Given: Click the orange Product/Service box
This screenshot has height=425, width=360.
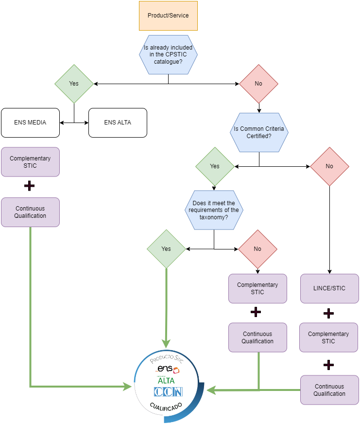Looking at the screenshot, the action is (168, 16).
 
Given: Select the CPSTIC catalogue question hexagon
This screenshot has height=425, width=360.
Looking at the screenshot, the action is (168, 54).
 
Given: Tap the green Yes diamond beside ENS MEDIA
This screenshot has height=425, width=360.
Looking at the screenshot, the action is (74, 84).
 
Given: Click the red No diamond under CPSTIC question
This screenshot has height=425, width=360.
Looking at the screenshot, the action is (258, 84).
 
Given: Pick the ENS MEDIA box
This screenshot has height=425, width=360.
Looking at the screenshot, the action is (30, 123).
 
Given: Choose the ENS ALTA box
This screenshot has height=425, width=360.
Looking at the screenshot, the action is (118, 123).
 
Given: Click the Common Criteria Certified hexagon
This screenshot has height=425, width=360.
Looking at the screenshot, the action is (259, 133).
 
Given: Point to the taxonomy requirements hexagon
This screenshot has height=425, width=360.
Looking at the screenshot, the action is (214, 210).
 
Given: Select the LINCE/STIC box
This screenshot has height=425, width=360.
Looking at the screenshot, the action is (330, 288).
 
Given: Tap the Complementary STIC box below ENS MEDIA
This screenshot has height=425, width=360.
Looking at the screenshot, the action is (30, 162).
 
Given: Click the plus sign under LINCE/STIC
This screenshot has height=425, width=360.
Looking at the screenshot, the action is (328, 313).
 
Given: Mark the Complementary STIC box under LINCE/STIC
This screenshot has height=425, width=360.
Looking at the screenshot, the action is (328, 337).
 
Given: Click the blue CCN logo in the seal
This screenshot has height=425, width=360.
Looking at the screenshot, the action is (168, 391).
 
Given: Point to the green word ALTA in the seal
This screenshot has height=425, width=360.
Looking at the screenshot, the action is (166, 381).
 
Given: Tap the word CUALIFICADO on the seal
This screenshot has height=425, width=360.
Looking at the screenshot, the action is (166, 407).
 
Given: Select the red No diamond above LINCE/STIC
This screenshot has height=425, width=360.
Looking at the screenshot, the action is (329, 166).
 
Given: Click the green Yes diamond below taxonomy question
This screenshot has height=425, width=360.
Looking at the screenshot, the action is (166, 249).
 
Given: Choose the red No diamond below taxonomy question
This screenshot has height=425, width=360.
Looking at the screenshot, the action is (257, 249).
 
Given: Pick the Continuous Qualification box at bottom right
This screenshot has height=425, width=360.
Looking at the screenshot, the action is (330, 390).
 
